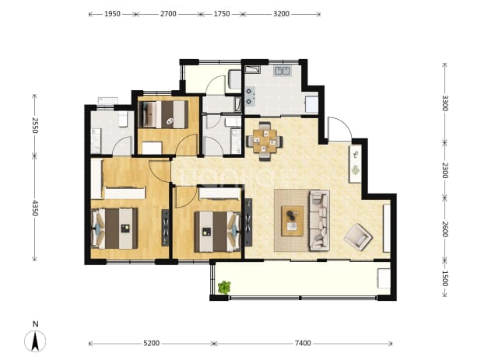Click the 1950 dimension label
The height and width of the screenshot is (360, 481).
coord(112,14)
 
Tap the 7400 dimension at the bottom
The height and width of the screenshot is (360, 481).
coord(303,343)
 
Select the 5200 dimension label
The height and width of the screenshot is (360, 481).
coord(152,343)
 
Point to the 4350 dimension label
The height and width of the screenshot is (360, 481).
coord(35,208)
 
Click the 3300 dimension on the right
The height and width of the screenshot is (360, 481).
coord(444,103)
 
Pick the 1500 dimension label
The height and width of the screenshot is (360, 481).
coord(444,278)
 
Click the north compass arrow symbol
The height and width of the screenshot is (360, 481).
coord(35,341)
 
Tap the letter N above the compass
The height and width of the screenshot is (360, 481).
coord(36,324)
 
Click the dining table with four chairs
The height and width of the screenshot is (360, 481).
coord(265,142)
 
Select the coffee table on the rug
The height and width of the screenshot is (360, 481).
coord(293,221)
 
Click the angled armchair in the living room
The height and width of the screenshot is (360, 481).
coord(358,237)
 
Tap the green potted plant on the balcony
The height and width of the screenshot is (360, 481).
coord(224,288)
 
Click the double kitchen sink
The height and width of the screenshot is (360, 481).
coord(283,71)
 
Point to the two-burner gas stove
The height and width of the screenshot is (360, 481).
coord(250,96)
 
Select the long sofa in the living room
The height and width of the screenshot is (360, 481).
coord(319,220)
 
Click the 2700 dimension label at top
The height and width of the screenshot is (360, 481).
coord(168,14)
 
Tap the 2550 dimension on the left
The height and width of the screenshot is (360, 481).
coord(35,125)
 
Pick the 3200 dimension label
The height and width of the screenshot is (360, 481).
coord(281,14)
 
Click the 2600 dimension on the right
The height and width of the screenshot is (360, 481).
coord(444,229)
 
